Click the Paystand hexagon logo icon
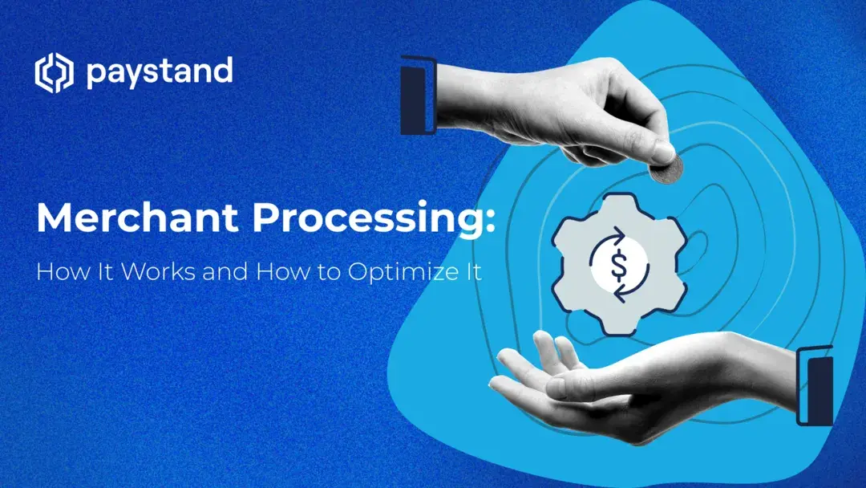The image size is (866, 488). tap(54, 73)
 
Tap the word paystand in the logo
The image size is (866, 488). tap(159, 74)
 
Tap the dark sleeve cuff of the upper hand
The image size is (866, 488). tap(418, 96)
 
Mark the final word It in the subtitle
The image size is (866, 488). tap(472, 271)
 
